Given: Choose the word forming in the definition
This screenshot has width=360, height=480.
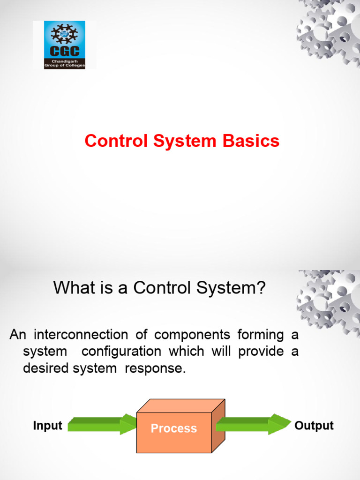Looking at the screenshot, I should [261, 335].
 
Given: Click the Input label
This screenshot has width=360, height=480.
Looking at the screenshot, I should [47, 426].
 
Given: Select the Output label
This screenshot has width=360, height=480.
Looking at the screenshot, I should [314, 426].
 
